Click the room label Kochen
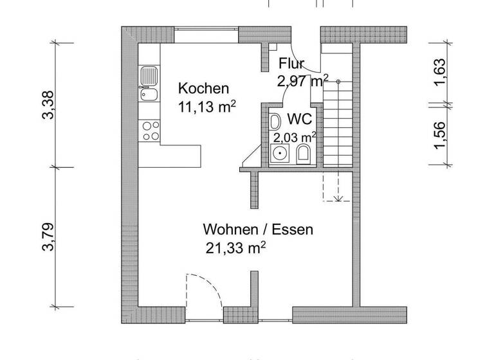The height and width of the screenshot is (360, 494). [x=203, y=88]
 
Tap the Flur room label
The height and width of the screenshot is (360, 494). [x=291, y=64]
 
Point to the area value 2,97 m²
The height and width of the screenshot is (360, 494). [x=302, y=80]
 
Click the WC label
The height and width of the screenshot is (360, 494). [x=300, y=120]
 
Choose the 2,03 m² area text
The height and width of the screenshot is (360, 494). [x=295, y=137]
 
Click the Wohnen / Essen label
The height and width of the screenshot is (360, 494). [x=258, y=230]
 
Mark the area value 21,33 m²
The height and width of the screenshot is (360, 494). [x=236, y=249]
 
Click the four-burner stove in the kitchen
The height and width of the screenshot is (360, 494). [x=150, y=130]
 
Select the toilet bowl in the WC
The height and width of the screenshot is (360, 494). [x=304, y=153]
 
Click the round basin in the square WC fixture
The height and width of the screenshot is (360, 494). [x=280, y=154]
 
